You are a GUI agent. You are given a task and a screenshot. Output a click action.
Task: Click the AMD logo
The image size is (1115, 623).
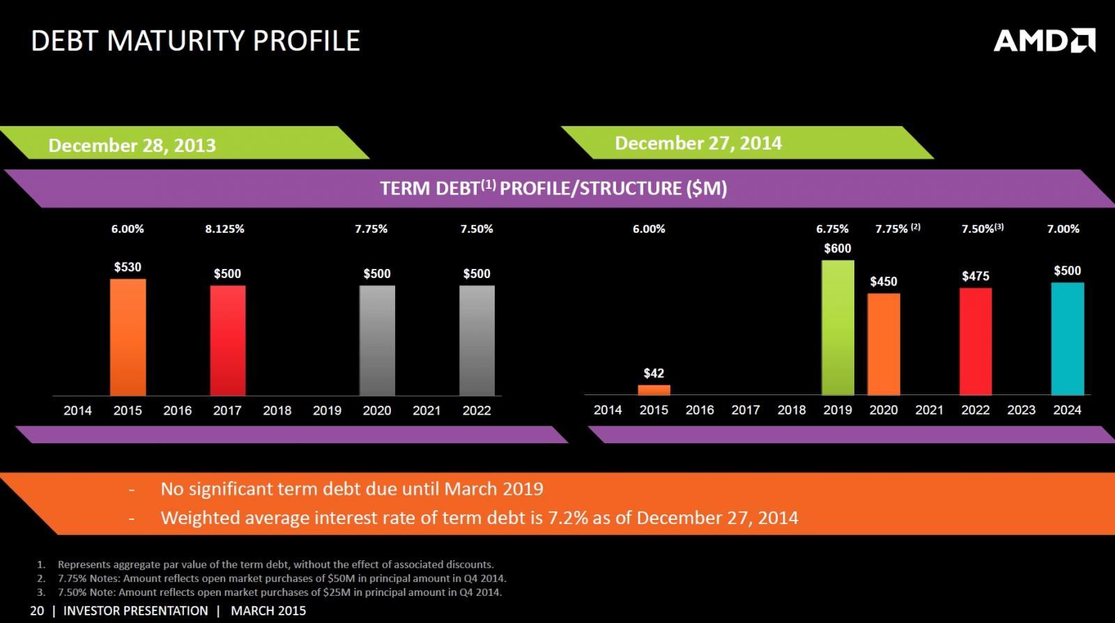1043,40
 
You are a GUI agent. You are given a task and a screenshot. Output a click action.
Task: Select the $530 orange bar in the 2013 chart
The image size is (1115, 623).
128,337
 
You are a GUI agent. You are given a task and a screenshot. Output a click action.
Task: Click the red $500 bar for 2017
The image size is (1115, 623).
228,340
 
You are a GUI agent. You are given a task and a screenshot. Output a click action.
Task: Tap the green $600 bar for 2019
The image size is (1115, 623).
838,328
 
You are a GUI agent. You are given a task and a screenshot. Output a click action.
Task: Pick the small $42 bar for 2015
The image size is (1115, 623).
654,390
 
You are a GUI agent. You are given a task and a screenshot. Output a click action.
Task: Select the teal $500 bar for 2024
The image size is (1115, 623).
1067,339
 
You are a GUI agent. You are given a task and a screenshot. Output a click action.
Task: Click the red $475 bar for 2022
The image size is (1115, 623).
975,341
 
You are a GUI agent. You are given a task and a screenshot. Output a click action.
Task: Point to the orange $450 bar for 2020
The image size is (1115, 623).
884,344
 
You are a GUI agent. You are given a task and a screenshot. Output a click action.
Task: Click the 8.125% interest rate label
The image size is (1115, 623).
224,229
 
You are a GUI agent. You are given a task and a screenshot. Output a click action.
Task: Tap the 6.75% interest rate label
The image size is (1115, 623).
832,229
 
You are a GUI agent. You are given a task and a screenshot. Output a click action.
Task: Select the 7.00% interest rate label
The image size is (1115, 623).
1063,229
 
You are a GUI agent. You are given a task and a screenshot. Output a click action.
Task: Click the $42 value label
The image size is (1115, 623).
654,374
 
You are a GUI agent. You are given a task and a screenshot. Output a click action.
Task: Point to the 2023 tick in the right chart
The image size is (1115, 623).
1021,410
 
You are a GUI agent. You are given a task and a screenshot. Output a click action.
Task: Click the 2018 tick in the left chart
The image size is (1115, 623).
277,410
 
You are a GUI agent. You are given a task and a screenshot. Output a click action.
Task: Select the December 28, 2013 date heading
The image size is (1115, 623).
132,146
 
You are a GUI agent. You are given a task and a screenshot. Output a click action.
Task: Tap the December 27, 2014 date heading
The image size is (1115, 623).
698,144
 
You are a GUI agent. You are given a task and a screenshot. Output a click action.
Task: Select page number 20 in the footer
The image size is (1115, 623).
37,610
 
